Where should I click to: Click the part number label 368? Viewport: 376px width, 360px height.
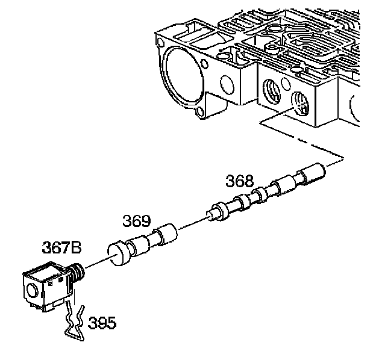click(x=240, y=181)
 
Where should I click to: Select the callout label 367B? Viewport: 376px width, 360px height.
click(x=61, y=247)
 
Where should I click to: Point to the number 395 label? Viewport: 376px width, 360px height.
click(x=102, y=323)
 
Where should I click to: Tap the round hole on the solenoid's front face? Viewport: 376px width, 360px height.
click(x=33, y=291)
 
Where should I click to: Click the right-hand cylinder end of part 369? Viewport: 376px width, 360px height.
click(x=167, y=234)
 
